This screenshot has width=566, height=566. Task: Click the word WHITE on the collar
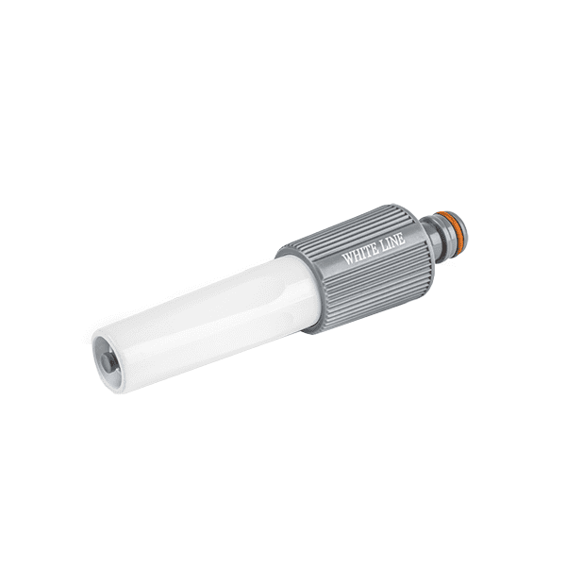359,255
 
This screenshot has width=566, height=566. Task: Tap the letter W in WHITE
347,258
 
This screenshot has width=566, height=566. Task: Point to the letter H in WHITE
357,255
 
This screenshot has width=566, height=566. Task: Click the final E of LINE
402,239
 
